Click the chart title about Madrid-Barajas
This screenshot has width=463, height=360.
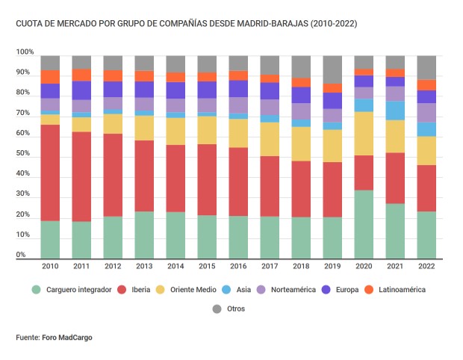(x=186, y=24)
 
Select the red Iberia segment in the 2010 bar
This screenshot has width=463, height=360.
(x=50, y=173)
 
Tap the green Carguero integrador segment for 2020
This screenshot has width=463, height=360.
(x=364, y=224)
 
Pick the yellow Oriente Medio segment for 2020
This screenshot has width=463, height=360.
(x=364, y=133)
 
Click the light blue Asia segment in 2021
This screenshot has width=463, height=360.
(x=395, y=111)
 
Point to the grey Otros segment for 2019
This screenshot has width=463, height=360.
(x=332, y=69)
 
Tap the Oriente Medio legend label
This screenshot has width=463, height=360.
(x=193, y=289)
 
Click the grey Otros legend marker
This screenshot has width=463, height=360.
(x=217, y=308)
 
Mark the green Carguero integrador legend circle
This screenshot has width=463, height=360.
(x=35, y=289)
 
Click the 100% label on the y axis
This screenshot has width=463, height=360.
(x=25, y=52)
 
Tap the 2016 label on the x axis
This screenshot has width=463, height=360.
(x=238, y=266)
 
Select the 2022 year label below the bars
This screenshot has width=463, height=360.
(x=426, y=266)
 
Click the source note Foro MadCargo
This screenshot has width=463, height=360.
(x=55, y=338)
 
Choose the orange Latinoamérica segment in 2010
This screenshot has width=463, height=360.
(x=50, y=76)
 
